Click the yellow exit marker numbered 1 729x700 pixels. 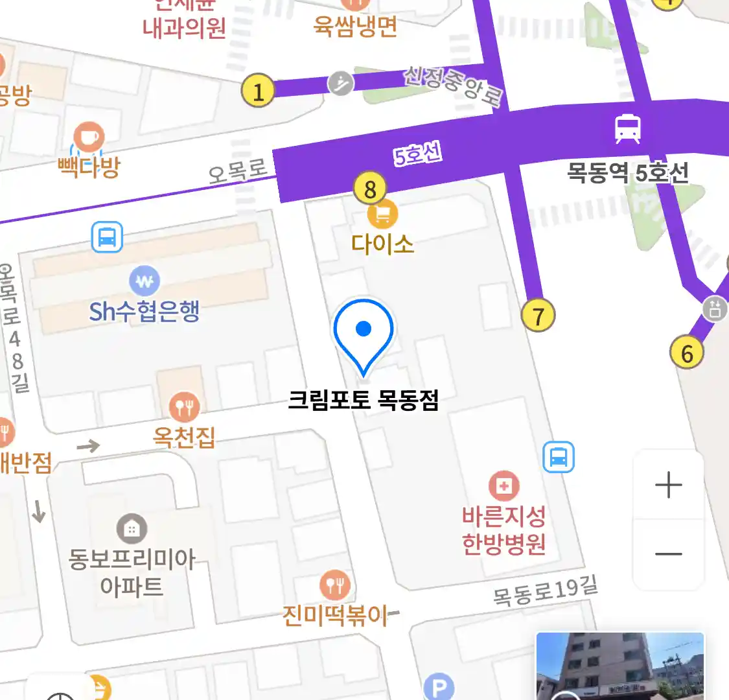pos(258,91)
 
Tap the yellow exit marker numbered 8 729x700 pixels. pos(370,189)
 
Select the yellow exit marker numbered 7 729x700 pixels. pos(538,316)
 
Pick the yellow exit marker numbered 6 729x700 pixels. pos(686,353)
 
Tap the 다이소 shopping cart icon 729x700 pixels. pos(382,213)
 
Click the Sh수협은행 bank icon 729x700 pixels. pos(145,281)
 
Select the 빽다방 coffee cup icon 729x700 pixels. pos(89,137)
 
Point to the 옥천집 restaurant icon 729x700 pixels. pos(184,407)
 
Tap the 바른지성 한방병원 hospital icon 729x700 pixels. pos(504,485)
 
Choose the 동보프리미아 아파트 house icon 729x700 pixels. pos(132,530)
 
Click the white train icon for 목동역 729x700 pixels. pos(627,128)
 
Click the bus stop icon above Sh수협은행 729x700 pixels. pos(107,237)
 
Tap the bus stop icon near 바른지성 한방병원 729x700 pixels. pos(559,457)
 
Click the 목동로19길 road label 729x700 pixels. pos(545,591)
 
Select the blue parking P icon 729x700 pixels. pos(439,687)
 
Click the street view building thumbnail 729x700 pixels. pos(619,666)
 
